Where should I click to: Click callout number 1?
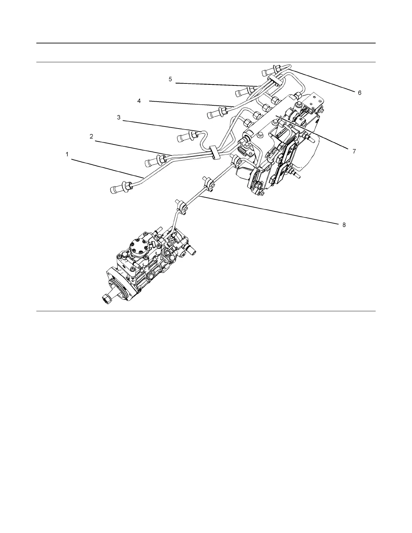[x=67, y=154]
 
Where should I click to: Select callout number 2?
[x=91, y=137]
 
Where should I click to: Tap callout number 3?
[x=118, y=117]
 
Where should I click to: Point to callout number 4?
[x=139, y=101]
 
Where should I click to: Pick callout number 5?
[x=170, y=79]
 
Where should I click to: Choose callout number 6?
[x=359, y=93]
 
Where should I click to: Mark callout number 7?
[x=354, y=151]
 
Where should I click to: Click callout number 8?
[x=344, y=225]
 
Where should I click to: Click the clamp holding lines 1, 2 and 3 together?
[x=213, y=152]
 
